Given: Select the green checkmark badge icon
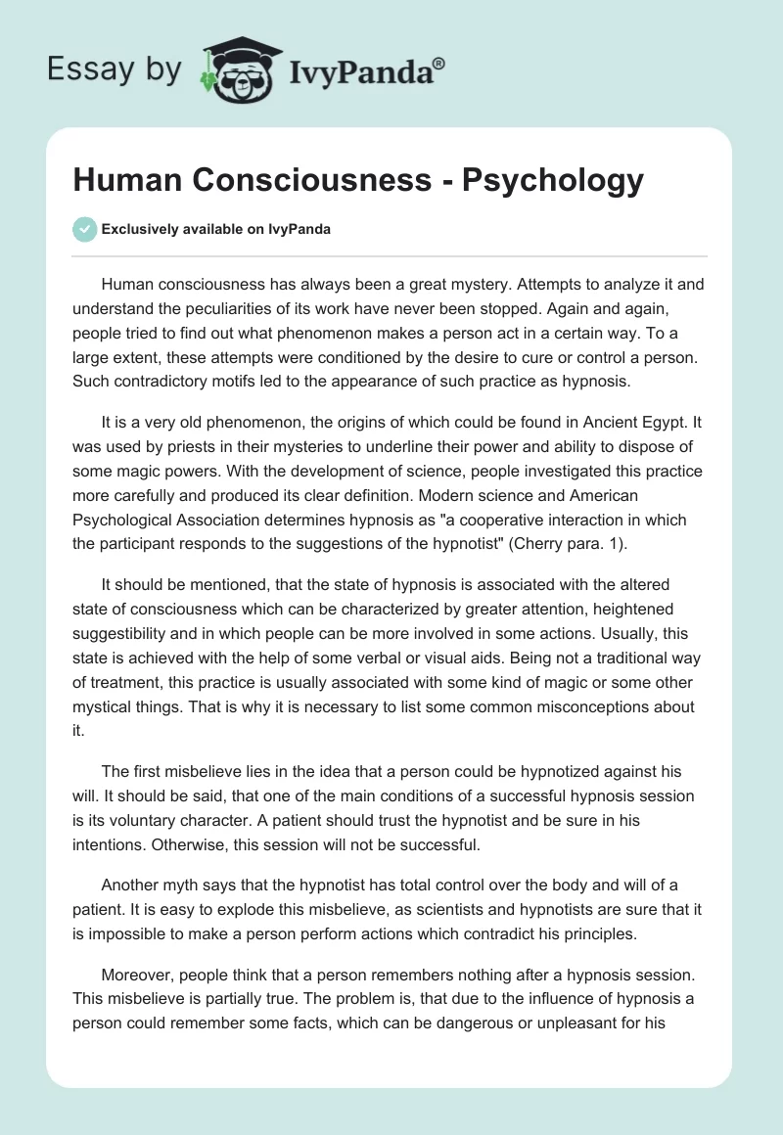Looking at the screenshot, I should pos(84,229).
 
